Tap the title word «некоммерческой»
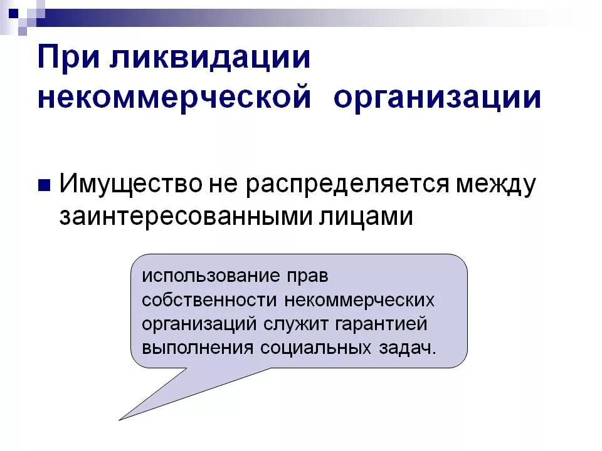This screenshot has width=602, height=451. coord(174,99)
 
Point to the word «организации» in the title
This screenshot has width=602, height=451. coord(437,99)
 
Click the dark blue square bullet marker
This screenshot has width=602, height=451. coord(44,185)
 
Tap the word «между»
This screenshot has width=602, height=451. coord(496,185)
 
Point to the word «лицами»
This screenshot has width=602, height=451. coord(367,217)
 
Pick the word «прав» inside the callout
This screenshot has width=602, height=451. coord(307,275)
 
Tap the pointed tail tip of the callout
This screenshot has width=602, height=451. coord(120,419)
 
